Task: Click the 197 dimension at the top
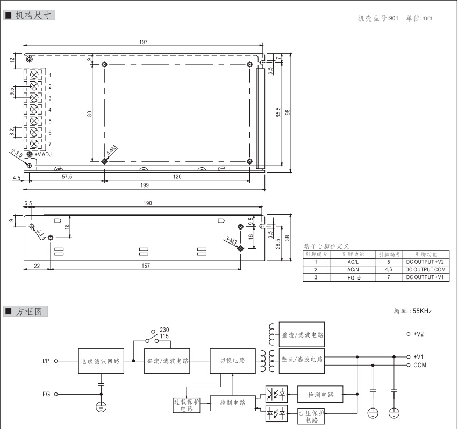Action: (144, 42)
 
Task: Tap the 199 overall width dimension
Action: (144, 184)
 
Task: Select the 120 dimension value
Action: (177, 176)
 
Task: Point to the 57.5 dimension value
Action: (67, 176)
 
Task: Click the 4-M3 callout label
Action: (112, 151)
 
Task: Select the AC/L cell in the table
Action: (353, 262)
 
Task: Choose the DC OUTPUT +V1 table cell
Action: (425, 277)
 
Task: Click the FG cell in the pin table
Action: (353, 277)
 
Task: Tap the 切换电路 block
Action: (232, 360)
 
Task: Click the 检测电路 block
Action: (321, 395)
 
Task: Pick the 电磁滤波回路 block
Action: (101, 361)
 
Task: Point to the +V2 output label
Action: (419, 334)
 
